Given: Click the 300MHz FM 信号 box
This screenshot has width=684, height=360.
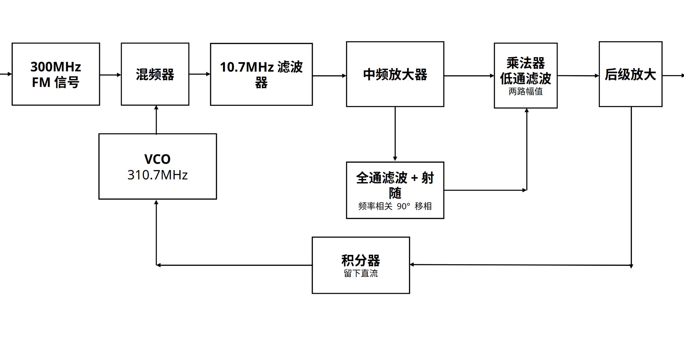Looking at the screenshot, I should [x=56, y=74].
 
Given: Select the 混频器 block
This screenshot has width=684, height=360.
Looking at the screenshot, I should [x=155, y=74].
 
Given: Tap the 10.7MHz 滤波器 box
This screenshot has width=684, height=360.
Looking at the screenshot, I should [x=261, y=74].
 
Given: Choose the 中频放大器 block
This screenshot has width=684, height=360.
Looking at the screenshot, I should [x=395, y=74].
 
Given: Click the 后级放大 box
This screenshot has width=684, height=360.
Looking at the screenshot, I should [x=630, y=74].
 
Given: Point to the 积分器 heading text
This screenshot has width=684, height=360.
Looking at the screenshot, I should [x=361, y=260].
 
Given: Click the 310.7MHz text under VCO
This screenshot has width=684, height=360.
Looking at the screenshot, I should [x=158, y=175].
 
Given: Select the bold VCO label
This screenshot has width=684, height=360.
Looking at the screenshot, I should [x=158, y=159].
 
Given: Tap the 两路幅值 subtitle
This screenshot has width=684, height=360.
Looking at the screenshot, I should [x=526, y=91].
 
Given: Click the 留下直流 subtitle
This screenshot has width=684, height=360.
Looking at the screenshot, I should [x=361, y=273].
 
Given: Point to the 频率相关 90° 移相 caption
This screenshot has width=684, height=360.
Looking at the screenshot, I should [x=395, y=206].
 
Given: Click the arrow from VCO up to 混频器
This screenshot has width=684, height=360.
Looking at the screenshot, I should [x=156, y=119].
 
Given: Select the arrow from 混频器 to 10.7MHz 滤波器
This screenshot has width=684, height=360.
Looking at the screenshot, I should [x=200, y=74].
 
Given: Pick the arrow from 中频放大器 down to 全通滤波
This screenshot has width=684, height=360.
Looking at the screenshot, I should [x=395, y=134].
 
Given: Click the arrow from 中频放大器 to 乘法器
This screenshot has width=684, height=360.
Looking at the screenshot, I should [x=469, y=76].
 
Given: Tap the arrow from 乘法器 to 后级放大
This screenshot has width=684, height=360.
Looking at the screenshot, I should [x=578, y=76].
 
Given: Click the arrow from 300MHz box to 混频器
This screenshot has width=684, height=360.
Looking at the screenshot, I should [x=110, y=75].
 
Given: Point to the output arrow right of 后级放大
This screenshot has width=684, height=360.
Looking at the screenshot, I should [x=673, y=76].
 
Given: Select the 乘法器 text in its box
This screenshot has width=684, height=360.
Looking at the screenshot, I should [x=526, y=63].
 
